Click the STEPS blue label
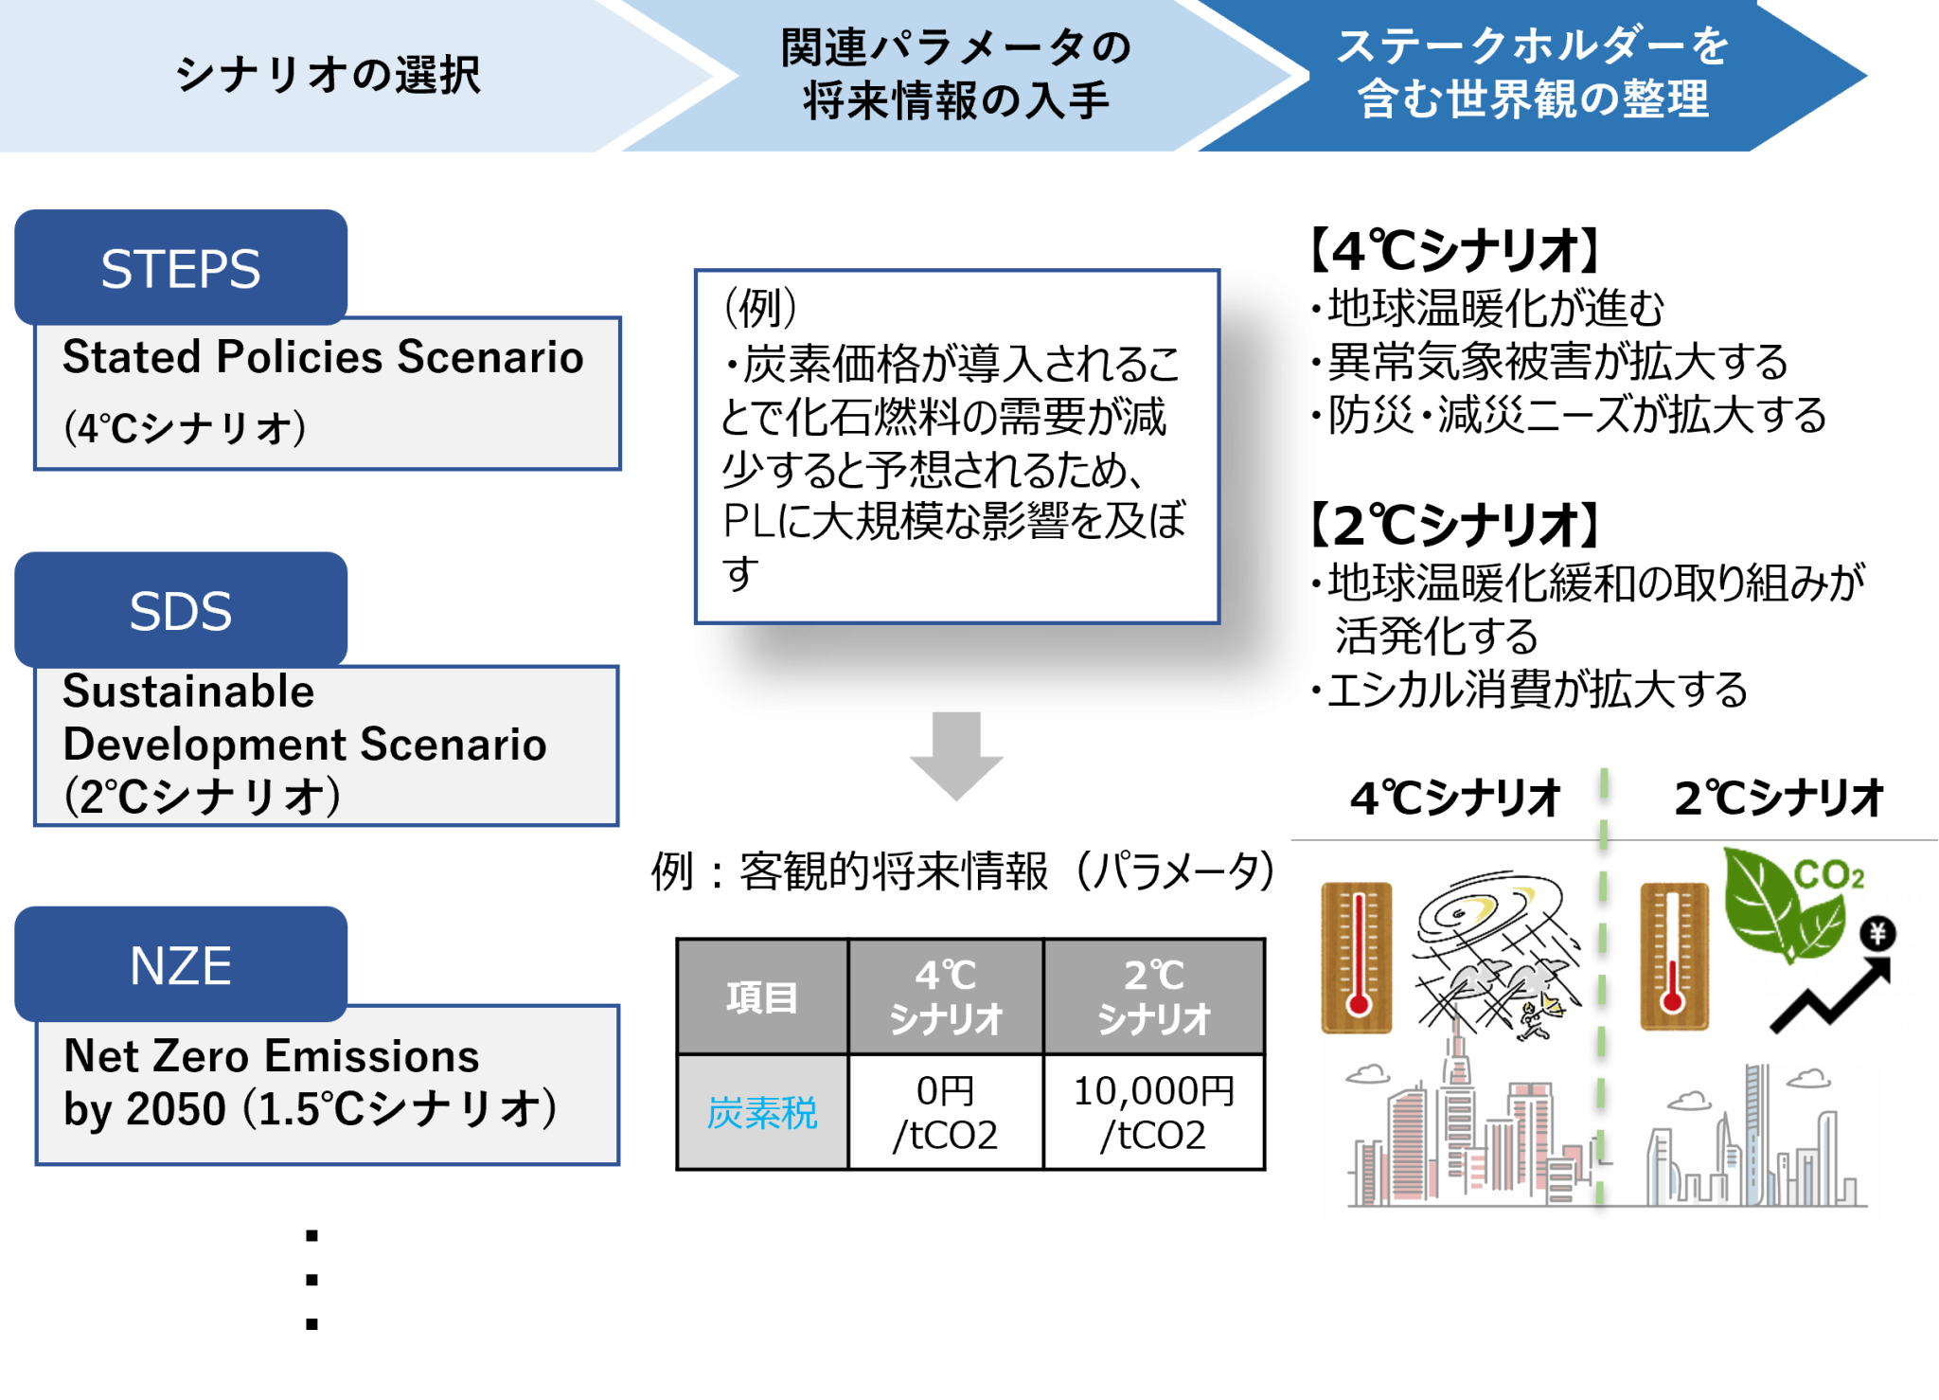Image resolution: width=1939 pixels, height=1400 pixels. point(181,267)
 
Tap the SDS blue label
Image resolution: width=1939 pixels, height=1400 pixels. point(181,610)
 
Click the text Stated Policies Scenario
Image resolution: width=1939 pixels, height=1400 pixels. point(323,357)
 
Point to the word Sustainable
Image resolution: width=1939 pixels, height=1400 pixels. point(188,691)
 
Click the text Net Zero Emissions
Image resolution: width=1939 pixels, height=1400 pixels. point(272,1055)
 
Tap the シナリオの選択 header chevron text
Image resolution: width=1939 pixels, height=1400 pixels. point(328,75)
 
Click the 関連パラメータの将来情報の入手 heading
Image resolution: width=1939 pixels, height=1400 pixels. point(956,75)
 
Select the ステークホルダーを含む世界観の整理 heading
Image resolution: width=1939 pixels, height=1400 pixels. point(1534,73)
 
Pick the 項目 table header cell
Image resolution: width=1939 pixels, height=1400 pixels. point(762,997)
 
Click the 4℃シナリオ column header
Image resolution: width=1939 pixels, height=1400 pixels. point(946,997)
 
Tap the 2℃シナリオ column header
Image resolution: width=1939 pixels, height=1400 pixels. point(1153,997)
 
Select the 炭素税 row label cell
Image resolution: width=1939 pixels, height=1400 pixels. point(762,1112)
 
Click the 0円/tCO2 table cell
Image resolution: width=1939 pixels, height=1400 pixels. point(946,1112)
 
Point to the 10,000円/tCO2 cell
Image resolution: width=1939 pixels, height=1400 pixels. point(1153,1112)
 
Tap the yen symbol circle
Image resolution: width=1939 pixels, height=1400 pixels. point(1877,934)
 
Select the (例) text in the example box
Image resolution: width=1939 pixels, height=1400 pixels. point(760,307)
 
